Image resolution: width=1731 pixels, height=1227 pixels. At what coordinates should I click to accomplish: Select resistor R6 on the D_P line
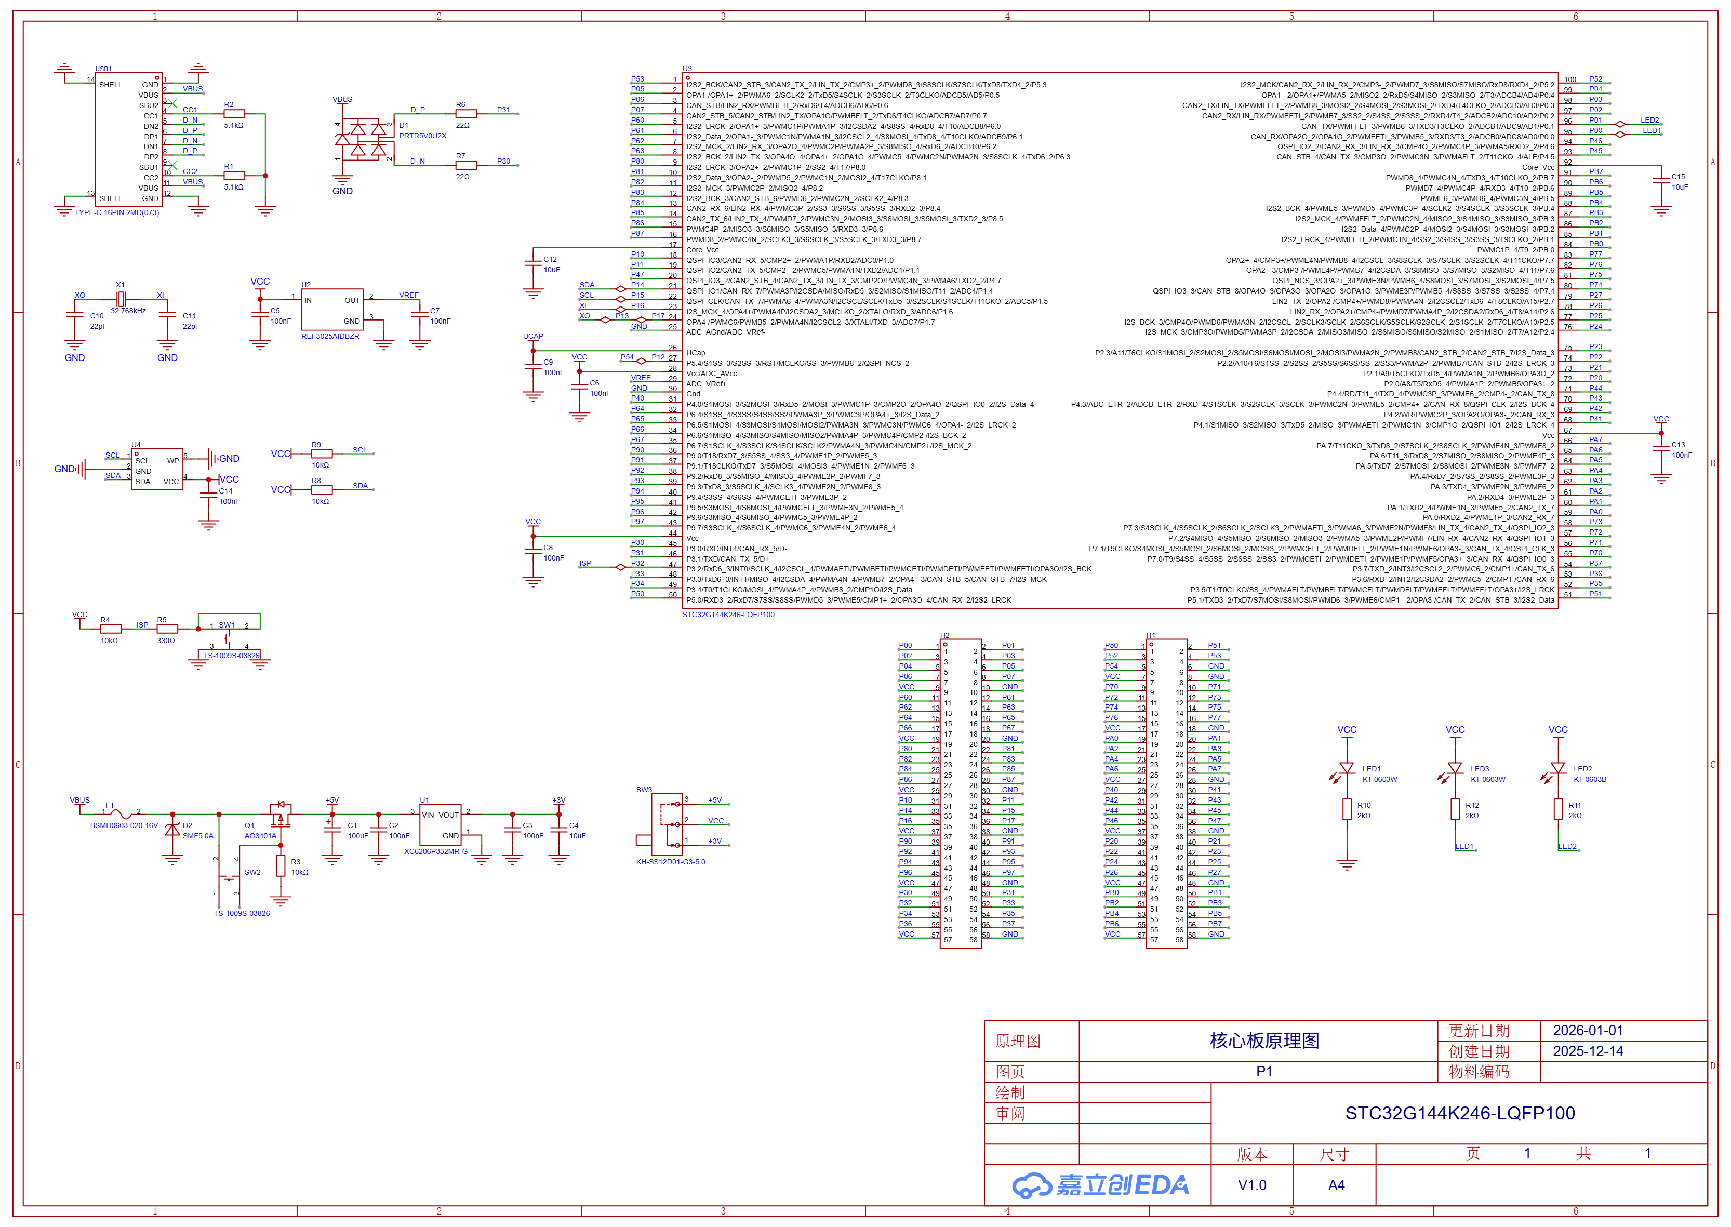click(465, 114)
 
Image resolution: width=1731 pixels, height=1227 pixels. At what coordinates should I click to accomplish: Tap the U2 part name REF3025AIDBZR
click(330, 336)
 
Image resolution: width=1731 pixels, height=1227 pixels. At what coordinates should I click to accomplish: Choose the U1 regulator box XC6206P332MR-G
click(441, 824)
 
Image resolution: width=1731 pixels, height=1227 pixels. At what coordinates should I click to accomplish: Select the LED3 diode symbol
click(1455, 768)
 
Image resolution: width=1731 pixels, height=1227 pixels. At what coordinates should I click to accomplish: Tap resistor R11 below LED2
click(1558, 809)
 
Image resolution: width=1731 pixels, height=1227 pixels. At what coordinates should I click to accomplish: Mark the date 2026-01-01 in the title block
click(1588, 1031)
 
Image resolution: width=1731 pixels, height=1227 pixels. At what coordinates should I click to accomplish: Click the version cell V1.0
click(1252, 1185)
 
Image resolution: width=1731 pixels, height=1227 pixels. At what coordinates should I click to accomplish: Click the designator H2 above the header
click(944, 635)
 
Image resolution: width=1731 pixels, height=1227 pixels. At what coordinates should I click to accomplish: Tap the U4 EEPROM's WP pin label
click(173, 460)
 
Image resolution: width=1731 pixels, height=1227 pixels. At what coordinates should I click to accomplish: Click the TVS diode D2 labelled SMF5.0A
click(172, 830)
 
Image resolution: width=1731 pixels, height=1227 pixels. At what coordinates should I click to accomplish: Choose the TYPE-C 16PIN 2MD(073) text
click(117, 213)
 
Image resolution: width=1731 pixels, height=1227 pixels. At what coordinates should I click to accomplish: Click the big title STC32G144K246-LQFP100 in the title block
click(1460, 1113)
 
